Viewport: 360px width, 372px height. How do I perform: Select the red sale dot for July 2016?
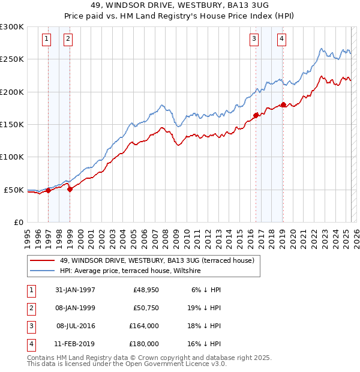256,115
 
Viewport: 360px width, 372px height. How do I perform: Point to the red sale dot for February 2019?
283,104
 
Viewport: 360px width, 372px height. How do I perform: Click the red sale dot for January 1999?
70,189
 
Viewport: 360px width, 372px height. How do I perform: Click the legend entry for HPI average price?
130,271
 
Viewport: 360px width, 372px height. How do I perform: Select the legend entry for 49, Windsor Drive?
157,260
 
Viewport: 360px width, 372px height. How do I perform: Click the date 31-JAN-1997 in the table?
75,290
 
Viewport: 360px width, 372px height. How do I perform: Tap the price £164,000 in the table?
144,326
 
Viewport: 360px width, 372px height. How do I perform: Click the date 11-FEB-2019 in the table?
75,344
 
